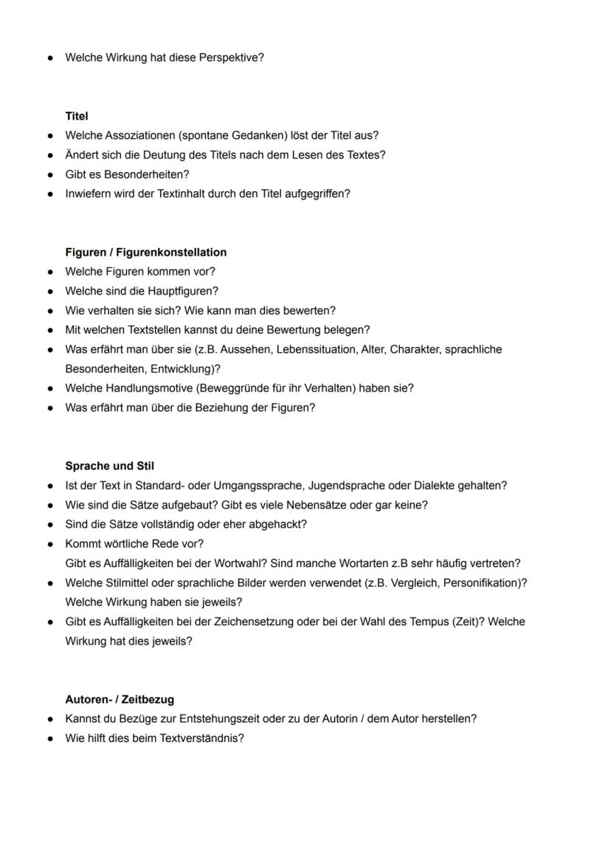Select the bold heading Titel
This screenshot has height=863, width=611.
click(x=77, y=117)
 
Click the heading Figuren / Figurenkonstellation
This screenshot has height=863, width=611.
click(x=145, y=252)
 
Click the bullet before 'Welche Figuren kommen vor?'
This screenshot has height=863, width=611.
click(x=50, y=272)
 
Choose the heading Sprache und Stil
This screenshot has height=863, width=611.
click(x=109, y=467)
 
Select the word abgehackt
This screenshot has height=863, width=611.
click(x=280, y=524)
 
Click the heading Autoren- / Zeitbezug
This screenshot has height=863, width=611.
click(x=120, y=699)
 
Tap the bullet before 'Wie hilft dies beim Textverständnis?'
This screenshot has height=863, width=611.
click(x=50, y=738)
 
